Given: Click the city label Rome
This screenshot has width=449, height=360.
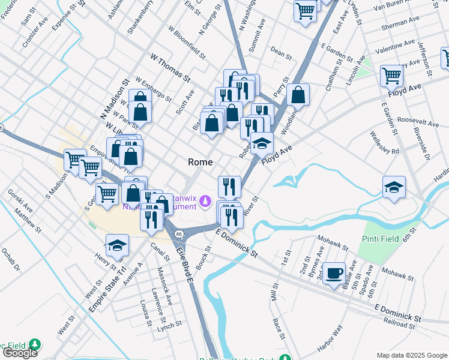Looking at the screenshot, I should click(x=200, y=162).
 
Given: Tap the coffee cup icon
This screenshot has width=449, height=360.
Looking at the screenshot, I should click(x=334, y=273).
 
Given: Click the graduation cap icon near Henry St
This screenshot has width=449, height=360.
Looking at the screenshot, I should click(x=117, y=245).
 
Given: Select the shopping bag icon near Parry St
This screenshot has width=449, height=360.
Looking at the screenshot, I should click(x=298, y=94).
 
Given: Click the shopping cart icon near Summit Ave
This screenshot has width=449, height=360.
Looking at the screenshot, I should click(x=306, y=11).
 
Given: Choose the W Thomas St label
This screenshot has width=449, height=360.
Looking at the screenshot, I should click(x=170, y=68).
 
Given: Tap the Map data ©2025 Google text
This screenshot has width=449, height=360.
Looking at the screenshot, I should click(x=412, y=355).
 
